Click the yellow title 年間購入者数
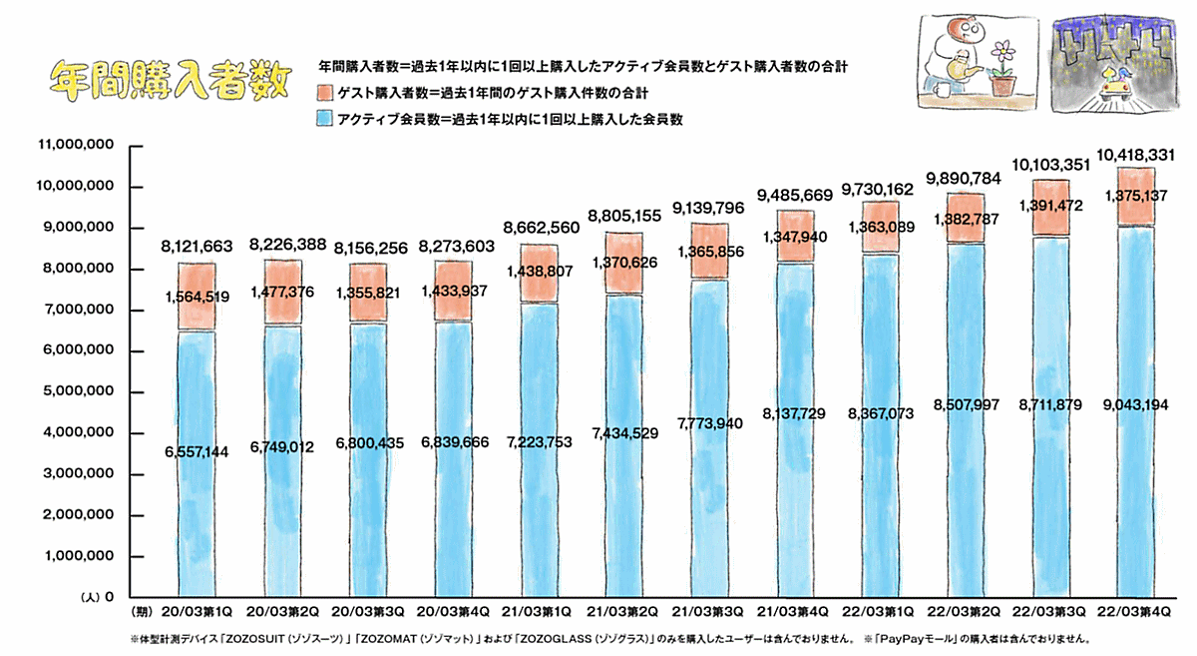170,78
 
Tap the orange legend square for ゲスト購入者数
323,92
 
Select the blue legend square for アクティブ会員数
323,119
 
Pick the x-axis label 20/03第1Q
197,609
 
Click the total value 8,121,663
197,246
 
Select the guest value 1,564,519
197,296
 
